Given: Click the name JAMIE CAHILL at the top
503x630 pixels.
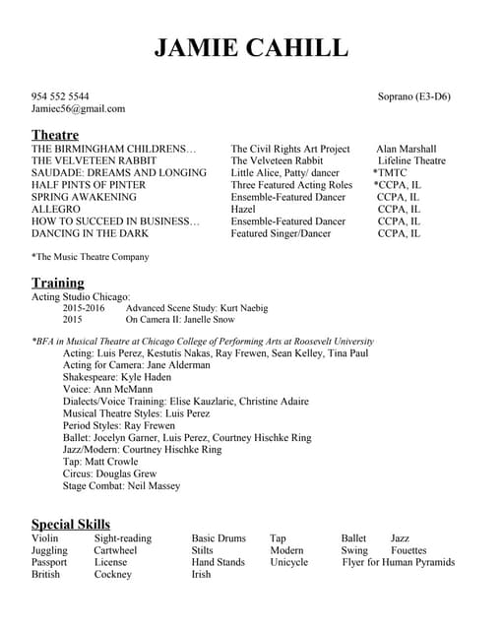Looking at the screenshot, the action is tap(251, 48).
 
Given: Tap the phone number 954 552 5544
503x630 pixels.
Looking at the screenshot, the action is tap(60, 96).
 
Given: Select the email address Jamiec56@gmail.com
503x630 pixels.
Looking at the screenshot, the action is tap(78, 109).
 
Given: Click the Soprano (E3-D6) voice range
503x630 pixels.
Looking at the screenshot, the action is tap(413, 96).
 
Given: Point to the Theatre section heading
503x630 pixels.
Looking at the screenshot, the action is tap(55, 135).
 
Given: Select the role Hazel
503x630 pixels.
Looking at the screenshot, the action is tap(243, 210).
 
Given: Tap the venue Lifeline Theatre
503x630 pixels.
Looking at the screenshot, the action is tap(411, 160).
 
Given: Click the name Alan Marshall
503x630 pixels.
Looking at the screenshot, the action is tap(406, 149).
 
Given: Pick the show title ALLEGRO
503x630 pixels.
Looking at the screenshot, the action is tap(56, 210).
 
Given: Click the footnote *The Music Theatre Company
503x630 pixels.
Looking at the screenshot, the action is tap(91, 258).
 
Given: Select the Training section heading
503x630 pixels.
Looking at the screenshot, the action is tap(57, 283).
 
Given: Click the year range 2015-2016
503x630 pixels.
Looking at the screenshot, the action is tap(84, 308).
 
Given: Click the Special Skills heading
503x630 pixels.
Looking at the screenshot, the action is tap(71, 524).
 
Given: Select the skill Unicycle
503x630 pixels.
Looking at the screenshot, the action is tap(288, 563).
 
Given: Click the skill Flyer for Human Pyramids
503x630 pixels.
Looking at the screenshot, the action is tap(398, 563).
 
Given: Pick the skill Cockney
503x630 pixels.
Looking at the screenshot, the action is tap(113, 575).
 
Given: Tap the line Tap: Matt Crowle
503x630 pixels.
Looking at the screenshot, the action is tap(100, 462).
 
